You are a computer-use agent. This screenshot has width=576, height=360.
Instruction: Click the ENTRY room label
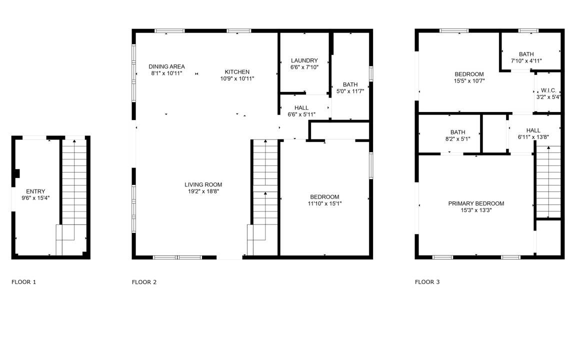click(35, 191)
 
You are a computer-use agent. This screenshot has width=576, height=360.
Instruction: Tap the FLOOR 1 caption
click(24, 282)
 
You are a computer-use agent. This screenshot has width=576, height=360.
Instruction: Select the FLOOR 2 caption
click(144, 282)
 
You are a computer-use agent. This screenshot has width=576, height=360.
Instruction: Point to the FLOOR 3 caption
click(427, 282)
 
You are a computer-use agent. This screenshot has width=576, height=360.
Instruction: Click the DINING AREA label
click(167, 66)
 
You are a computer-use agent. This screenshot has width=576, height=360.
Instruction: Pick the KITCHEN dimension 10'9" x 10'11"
click(237, 78)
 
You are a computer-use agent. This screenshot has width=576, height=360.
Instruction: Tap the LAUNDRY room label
click(304, 60)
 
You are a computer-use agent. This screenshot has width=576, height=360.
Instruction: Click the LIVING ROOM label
click(203, 185)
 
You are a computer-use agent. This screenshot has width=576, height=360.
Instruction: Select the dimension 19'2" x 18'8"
click(203, 191)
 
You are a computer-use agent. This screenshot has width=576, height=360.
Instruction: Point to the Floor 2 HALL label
click(301, 107)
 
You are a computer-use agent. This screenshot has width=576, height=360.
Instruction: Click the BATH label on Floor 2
click(350, 84)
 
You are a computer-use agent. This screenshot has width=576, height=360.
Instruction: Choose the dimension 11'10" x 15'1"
click(324, 203)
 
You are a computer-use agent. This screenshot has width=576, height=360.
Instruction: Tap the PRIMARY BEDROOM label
click(476, 203)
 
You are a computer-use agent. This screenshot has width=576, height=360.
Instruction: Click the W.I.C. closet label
click(549, 90)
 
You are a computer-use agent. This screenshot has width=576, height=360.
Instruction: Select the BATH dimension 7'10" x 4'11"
click(526, 61)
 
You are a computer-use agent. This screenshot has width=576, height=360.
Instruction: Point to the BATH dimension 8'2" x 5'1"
click(457, 139)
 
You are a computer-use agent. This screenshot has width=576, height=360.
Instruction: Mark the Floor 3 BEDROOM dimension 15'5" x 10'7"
click(469, 81)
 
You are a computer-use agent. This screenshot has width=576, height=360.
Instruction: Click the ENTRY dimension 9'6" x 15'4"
click(35, 198)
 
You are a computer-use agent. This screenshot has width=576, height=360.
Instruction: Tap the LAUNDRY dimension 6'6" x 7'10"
click(304, 67)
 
